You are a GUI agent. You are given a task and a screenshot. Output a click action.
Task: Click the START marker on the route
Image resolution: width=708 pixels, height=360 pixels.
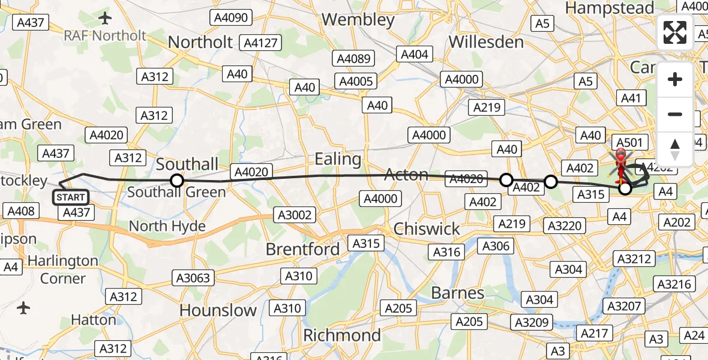pyautogui.click(x=71, y=197)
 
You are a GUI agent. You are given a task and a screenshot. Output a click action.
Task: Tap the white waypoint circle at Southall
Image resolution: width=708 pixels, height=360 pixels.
pyautogui.click(x=176, y=180)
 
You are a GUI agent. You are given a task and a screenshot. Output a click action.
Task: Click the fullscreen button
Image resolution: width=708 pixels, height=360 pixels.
pyautogui.click(x=675, y=32)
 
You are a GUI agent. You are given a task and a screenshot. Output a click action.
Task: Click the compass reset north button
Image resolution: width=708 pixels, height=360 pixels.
pyautogui.click(x=675, y=149)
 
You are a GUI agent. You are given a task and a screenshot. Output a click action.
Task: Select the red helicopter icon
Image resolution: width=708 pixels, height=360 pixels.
pyautogui.click(x=620, y=162)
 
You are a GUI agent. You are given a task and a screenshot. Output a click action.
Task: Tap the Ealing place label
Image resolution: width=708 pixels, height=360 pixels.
pyautogui.click(x=338, y=160)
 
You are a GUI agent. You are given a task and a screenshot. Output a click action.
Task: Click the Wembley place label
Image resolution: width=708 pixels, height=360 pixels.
pyautogui.click(x=358, y=20)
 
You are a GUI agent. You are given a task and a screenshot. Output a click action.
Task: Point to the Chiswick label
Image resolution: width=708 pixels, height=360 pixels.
pyautogui.click(x=427, y=229)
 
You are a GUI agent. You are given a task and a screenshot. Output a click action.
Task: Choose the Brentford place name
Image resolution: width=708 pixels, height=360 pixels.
pyautogui.click(x=302, y=249)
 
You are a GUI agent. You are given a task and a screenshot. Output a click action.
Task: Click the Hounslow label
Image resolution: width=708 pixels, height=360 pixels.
pyautogui.click(x=218, y=310)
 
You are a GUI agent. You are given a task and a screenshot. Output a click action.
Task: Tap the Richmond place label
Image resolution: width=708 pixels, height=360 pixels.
pyautogui.click(x=342, y=335)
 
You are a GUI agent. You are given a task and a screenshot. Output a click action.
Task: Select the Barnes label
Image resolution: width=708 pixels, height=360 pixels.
pyautogui.click(x=458, y=293)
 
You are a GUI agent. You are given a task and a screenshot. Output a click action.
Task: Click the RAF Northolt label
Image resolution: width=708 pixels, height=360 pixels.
pyautogui.click(x=105, y=35)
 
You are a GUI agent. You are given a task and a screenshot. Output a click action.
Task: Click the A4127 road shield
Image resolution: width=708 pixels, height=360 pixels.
pyautogui.click(x=259, y=43)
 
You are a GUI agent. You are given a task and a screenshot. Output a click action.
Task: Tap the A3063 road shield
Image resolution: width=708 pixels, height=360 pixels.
pyautogui.click(x=193, y=278)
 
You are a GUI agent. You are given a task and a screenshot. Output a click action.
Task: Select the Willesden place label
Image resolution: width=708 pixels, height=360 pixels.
pyautogui.click(x=486, y=42)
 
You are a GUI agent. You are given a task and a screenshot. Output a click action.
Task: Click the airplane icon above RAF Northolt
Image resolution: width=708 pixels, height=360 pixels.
pyautogui.click(x=105, y=18)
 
